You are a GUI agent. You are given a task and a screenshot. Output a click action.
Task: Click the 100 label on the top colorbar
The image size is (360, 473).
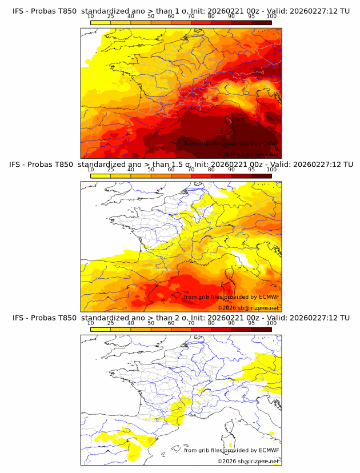tap(271, 16)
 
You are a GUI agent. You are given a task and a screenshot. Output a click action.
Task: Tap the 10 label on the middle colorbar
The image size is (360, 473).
tap(90, 170)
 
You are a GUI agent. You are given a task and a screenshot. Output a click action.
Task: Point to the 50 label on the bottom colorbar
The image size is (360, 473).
tap(151, 323)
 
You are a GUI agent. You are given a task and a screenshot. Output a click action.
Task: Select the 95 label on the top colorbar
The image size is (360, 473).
tap(251, 16)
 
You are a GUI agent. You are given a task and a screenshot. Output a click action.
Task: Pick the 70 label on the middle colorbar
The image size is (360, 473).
tap(191, 170)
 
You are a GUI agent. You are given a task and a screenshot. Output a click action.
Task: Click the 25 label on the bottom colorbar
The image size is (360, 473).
tap(110, 323)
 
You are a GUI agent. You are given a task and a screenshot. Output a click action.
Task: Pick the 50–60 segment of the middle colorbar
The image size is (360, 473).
tap(161, 175)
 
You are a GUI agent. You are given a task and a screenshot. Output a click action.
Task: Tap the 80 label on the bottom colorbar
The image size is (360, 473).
tap(211, 323)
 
